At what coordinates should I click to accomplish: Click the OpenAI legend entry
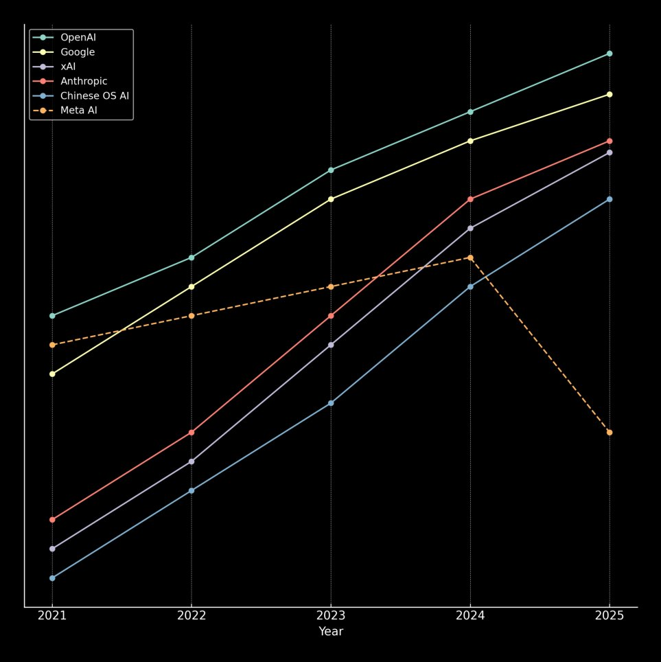pyautogui.click(x=78, y=37)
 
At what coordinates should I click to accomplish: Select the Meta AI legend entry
pyautogui.click(x=78, y=110)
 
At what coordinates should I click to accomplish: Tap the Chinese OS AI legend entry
pyautogui.click(x=94, y=95)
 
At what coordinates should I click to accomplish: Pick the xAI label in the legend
pyautogui.click(x=68, y=67)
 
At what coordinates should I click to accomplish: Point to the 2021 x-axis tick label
pyautogui.click(x=52, y=615)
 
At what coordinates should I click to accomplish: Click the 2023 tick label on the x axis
pyautogui.click(x=331, y=615)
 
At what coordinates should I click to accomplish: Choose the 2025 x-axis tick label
pyautogui.click(x=610, y=615)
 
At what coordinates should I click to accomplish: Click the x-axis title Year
pyautogui.click(x=331, y=632)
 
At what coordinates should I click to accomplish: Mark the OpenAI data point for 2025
pyautogui.click(x=610, y=54)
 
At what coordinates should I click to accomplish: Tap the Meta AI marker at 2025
pyautogui.click(x=610, y=433)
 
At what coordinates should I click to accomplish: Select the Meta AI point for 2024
pyautogui.click(x=470, y=258)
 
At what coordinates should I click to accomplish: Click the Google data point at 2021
pyautogui.click(x=52, y=374)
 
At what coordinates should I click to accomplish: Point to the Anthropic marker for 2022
pyautogui.click(x=192, y=433)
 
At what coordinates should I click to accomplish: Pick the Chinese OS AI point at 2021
pyautogui.click(x=52, y=578)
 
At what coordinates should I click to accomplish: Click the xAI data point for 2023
pyautogui.click(x=331, y=345)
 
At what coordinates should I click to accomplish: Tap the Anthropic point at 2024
pyautogui.click(x=470, y=199)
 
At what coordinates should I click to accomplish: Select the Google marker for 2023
pyautogui.click(x=331, y=199)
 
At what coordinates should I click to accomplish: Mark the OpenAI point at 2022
pyautogui.click(x=192, y=258)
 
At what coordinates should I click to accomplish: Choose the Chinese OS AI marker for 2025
pyautogui.click(x=610, y=199)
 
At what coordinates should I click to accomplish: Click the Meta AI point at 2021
pyautogui.click(x=52, y=345)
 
